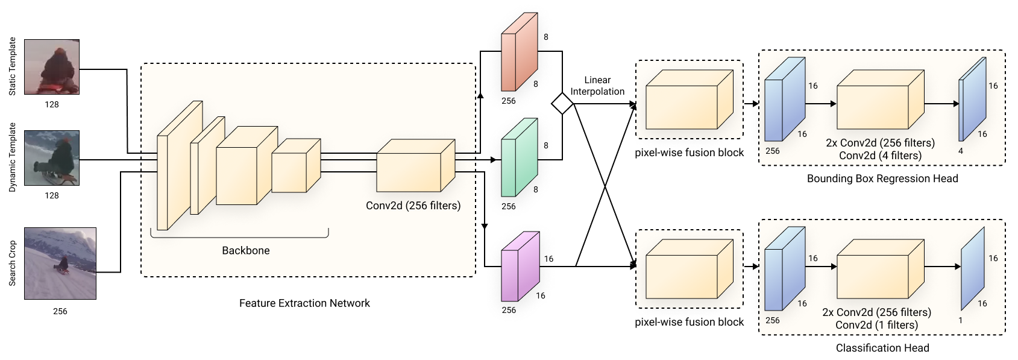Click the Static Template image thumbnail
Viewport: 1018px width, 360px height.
click(52, 67)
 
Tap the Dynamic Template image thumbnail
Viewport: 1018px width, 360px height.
click(52, 158)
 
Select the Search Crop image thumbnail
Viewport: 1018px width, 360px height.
click(60, 263)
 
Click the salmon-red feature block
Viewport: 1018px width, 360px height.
click(520, 51)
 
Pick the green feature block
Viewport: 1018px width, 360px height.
click(520, 157)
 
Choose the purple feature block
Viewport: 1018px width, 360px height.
click(520, 267)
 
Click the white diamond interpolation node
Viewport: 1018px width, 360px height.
click(562, 104)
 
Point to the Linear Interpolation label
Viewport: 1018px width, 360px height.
click(597, 86)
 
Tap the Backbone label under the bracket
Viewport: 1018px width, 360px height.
click(245, 250)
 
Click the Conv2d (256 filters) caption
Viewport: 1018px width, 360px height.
click(413, 206)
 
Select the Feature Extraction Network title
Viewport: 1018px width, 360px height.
click(304, 303)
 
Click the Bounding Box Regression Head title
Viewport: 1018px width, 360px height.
click(882, 178)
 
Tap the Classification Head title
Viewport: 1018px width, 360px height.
click(882, 348)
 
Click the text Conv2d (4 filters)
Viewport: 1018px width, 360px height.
click(881, 156)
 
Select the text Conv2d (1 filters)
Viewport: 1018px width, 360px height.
click(877, 325)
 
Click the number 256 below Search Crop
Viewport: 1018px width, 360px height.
click(60, 311)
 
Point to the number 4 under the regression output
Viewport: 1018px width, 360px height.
click(961, 151)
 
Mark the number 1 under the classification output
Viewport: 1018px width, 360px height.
click(961, 320)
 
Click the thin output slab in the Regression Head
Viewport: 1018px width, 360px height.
click(973, 99)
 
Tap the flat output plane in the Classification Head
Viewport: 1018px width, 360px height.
click(973, 268)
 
